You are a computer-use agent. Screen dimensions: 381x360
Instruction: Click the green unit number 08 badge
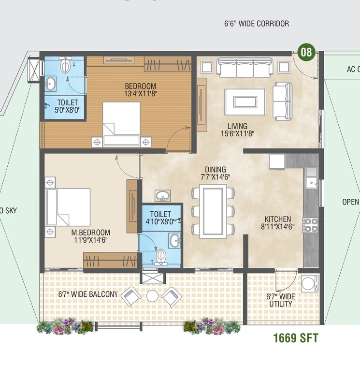click(x=306, y=52)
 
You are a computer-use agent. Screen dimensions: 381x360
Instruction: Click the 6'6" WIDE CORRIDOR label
click(x=257, y=24)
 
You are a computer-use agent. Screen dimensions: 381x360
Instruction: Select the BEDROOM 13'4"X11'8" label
click(x=140, y=90)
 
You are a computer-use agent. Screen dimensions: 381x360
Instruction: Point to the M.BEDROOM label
click(x=92, y=235)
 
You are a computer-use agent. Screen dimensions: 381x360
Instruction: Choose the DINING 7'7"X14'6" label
click(x=215, y=173)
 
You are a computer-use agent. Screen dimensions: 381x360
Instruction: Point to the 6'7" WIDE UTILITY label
click(x=280, y=300)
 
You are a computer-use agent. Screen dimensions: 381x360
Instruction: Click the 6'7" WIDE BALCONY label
click(x=88, y=294)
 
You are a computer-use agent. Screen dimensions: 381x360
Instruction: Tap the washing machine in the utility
click(x=309, y=283)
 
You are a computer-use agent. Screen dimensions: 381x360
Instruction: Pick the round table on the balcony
click(x=153, y=295)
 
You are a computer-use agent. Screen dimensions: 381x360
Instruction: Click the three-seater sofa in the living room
click(x=244, y=68)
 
